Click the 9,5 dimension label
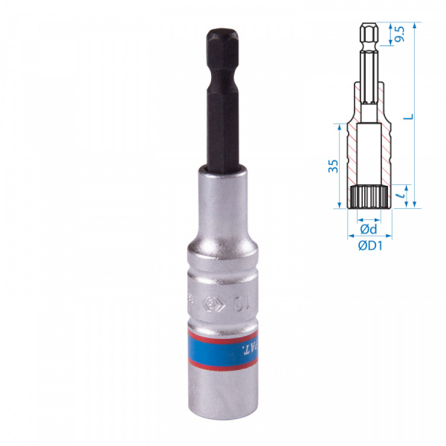click(399, 34)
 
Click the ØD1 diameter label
click(369, 246)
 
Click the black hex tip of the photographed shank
click(222, 41)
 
